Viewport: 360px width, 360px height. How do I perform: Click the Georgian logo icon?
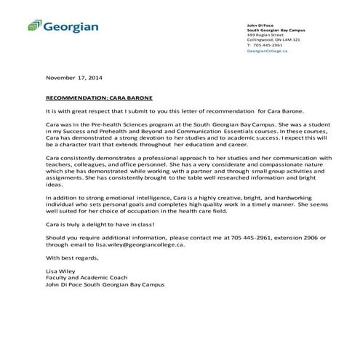point(34,28)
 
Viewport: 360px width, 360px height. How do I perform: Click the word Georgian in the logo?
point(70,28)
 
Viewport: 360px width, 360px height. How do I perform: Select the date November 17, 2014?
point(75,77)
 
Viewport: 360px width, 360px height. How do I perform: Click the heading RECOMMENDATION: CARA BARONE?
point(100,96)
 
